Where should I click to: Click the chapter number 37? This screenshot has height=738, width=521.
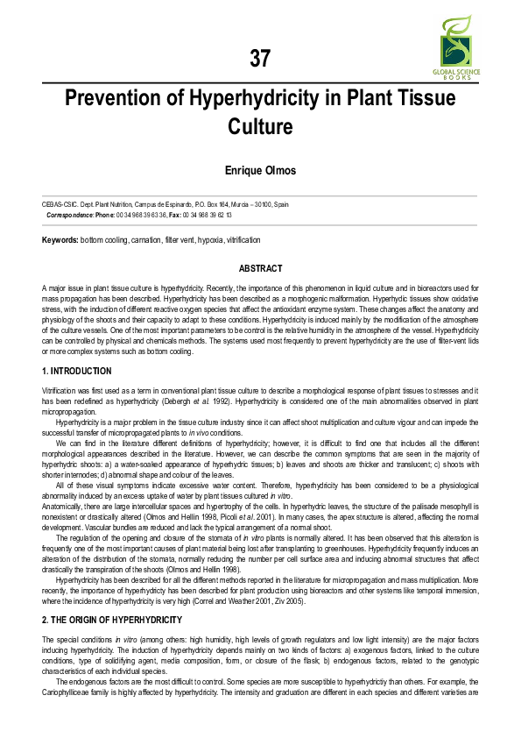(260, 59)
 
